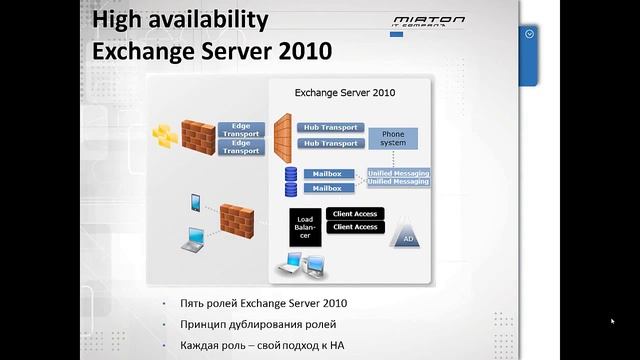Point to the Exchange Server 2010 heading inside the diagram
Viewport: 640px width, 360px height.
click(x=345, y=93)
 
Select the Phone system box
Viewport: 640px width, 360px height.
click(x=393, y=138)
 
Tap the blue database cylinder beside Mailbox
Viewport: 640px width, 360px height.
click(x=291, y=181)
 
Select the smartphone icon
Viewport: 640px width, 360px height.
click(x=195, y=203)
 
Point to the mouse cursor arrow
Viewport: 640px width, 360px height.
click(x=612, y=322)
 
